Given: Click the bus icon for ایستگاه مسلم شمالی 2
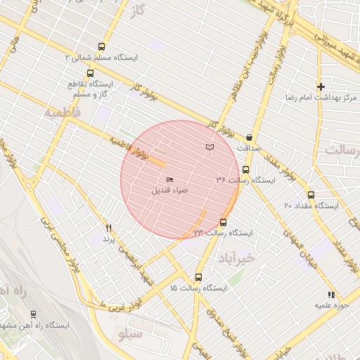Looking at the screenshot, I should click(x=102, y=46).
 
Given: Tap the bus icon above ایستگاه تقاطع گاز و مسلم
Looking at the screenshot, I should click(x=90, y=73).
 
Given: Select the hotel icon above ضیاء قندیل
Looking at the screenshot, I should click(x=169, y=180).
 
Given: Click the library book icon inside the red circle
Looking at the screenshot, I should click(x=209, y=147).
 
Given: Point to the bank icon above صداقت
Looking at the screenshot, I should click(x=250, y=138).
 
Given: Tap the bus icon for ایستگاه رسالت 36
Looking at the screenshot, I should click(x=245, y=169).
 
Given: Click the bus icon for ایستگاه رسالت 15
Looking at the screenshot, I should click(x=198, y=277).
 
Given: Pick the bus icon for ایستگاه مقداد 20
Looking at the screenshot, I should click(x=311, y=195).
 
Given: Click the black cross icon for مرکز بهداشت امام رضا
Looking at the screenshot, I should click(x=321, y=86).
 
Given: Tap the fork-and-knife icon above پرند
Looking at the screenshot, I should click(x=108, y=228).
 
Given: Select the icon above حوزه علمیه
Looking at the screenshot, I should click(x=330, y=295).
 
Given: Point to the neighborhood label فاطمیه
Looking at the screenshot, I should click(x=63, y=112).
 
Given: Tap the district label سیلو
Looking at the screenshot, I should click(x=130, y=333).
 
